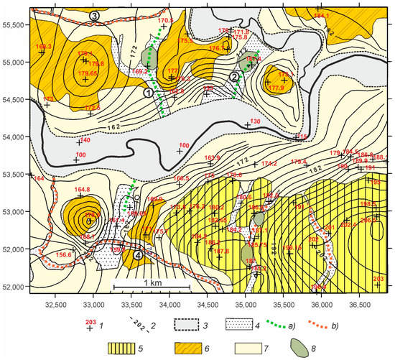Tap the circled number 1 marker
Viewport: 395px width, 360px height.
[149, 93]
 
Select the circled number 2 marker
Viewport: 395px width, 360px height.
[234, 77]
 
